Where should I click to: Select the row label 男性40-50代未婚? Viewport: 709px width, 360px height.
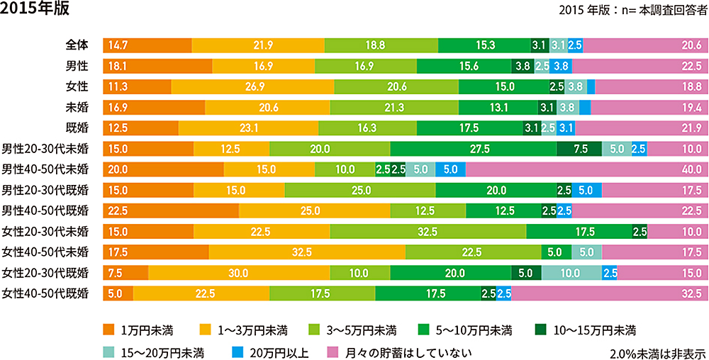tap(45, 169)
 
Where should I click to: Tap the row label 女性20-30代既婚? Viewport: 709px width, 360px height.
tap(45, 273)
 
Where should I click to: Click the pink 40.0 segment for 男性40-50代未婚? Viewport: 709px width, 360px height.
tap(586, 169)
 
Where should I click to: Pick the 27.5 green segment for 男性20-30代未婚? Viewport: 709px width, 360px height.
tap(473, 149)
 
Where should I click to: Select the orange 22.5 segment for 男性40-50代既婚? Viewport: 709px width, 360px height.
tap(170, 210)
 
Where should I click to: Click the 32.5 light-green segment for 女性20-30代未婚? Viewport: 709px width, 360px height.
tap(428, 232)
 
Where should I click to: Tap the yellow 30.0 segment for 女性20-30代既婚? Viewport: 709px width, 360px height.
tap(238, 273)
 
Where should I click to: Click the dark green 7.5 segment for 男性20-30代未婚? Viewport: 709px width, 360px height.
tap(579, 149)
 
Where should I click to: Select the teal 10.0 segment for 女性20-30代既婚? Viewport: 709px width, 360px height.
tap(571, 273)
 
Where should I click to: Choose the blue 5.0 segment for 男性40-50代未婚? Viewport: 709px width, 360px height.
tap(450, 169)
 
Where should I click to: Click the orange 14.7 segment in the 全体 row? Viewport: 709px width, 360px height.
tap(147, 45)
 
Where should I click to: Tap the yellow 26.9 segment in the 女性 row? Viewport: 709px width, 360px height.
tap(252, 86)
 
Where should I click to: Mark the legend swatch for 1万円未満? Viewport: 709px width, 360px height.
tap(108, 330)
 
